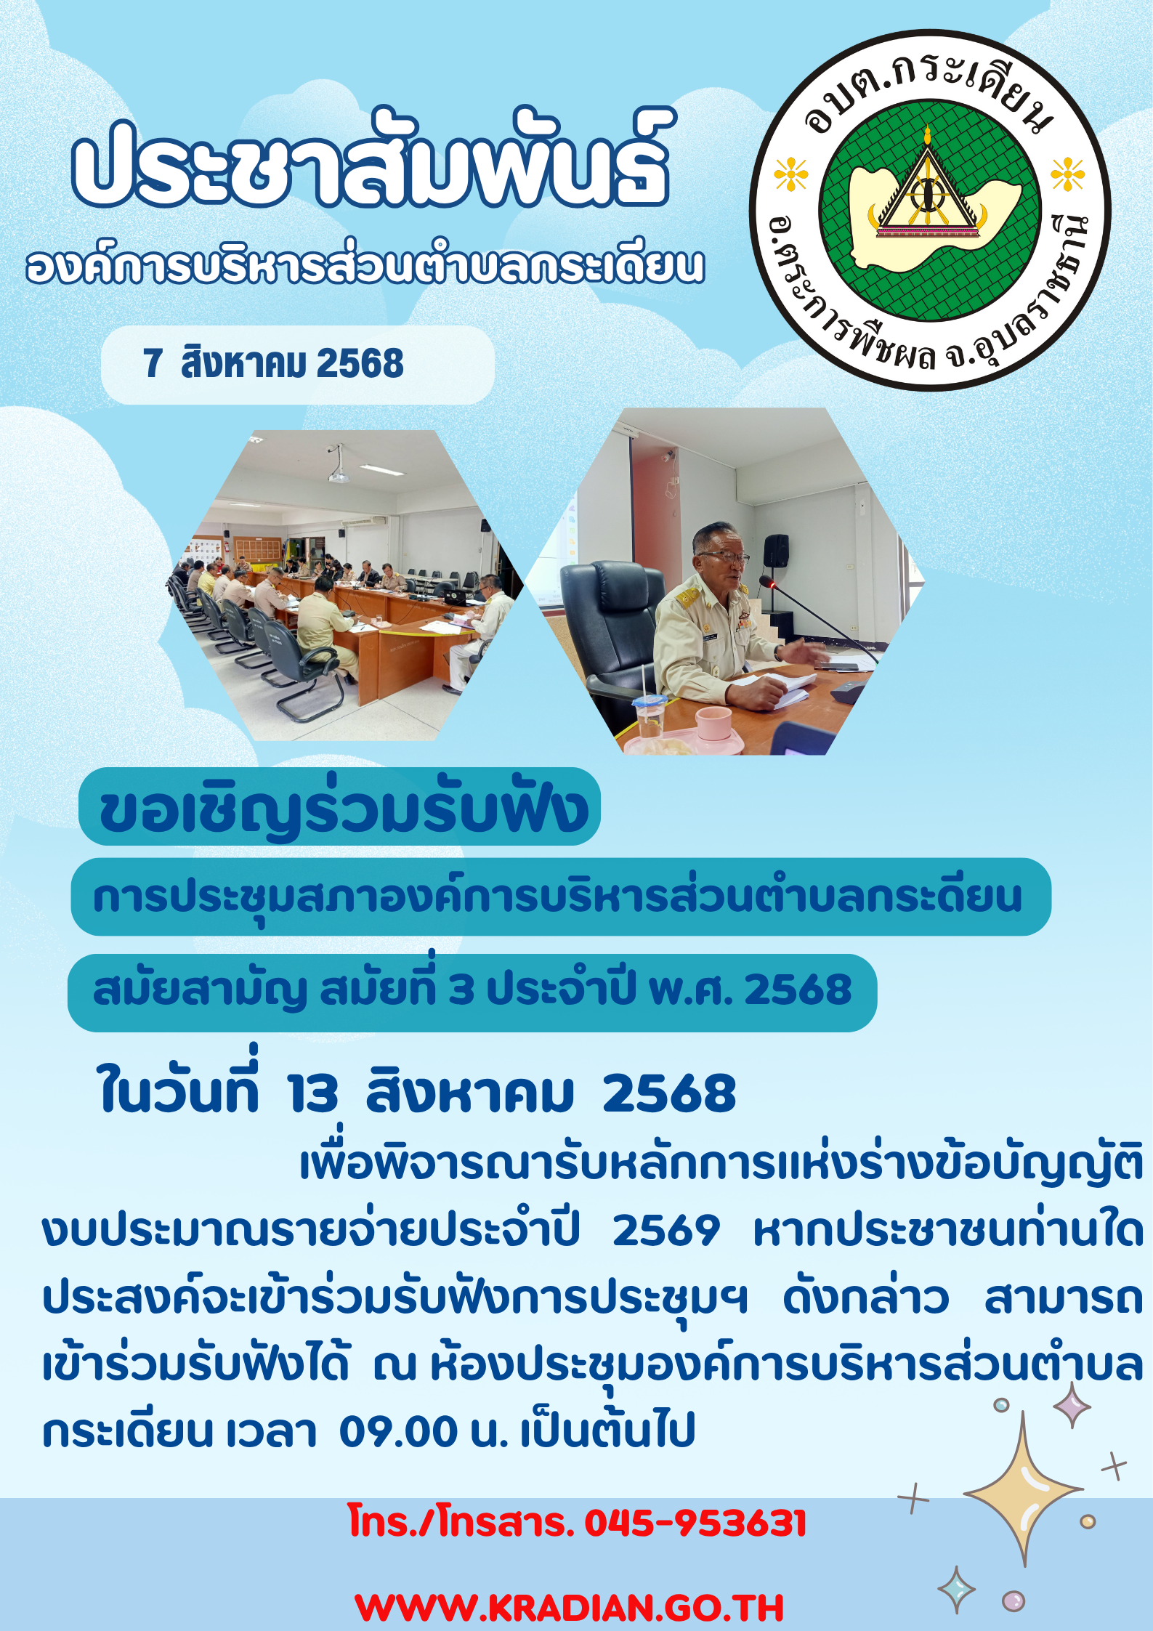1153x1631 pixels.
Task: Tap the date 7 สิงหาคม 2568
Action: (273, 363)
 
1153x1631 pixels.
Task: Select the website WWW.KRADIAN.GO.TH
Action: (570, 1608)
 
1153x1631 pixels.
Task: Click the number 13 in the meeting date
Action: (312, 1094)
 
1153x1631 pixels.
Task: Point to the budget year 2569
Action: (666, 1231)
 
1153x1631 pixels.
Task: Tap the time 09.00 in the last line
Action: (398, 1430)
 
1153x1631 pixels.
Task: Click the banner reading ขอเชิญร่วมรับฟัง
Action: (339, 806)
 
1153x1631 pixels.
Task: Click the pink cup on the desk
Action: (713, 724)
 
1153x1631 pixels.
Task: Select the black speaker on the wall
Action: (776, 551)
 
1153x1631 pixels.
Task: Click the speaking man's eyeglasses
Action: (724, 558)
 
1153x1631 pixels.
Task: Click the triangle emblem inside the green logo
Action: (927, 192)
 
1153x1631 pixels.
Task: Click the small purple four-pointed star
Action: (1072, 1405)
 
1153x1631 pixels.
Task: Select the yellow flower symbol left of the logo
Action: (791, 174)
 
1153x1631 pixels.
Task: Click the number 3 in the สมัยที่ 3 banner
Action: (461, 989)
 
